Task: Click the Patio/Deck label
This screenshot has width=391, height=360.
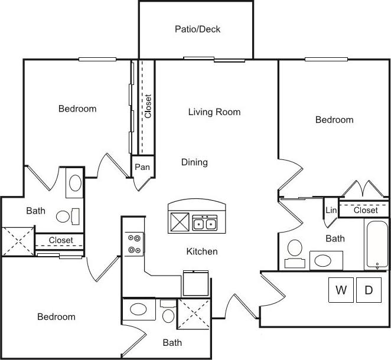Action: tap(197, 29)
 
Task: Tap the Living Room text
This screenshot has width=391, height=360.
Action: tap(214, 112)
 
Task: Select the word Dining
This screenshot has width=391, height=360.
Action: tap(194, 162)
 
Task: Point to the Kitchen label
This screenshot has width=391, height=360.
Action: tap(202, 251)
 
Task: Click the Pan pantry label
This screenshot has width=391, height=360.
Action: tap(142, 167)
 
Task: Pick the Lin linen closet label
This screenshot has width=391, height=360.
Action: tap(330, 211)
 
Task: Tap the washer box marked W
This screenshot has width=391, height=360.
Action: tap(341, 290)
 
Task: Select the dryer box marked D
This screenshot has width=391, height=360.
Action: tap(369, 290)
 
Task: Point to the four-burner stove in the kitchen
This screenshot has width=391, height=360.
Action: tap(134, 244)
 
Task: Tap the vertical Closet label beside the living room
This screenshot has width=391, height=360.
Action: tap(148, 106)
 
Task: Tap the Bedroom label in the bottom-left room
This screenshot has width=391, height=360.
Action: tap(57, 317)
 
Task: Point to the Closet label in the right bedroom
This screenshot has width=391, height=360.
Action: tap(366, 210)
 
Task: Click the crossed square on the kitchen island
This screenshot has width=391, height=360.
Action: tap(180, 222)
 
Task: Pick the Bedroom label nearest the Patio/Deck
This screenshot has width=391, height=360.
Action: tap(77, 109)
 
